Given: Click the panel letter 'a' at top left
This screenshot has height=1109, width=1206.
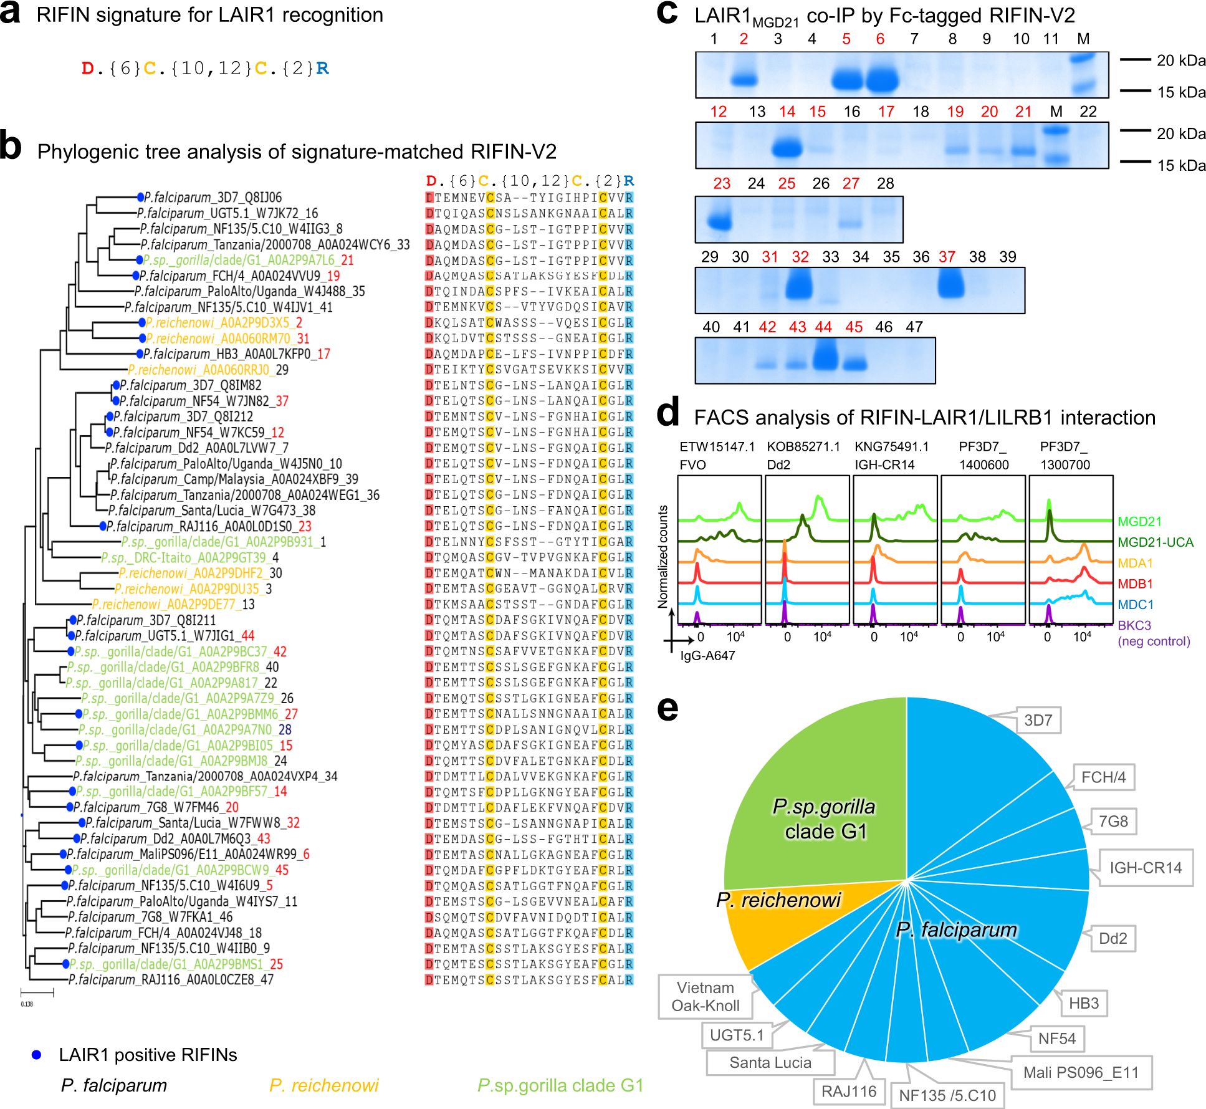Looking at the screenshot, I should click(11, 13).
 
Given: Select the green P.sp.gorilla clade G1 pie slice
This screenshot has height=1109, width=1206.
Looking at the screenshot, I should click(823, 810).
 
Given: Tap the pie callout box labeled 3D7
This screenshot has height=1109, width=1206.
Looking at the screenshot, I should click(1038, 721).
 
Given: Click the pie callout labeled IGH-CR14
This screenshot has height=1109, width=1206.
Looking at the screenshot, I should click(1145, 868).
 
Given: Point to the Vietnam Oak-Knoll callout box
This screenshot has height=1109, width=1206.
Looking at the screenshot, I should click(705, 996).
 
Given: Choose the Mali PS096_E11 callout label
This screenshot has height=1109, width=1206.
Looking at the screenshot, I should click(1081, 1072).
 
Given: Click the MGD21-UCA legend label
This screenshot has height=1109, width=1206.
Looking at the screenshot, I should click(1155, 542).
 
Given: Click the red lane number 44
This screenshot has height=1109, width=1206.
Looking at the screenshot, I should click(823, 327).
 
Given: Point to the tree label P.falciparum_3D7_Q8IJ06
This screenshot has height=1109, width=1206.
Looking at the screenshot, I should click(213, 198).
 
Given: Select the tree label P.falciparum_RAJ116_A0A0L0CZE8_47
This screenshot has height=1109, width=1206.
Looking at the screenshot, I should click(171, 979).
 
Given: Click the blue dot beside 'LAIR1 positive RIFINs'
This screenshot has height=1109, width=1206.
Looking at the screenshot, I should click(37, 1055).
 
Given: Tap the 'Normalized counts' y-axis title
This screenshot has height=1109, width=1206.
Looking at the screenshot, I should click(663, 556).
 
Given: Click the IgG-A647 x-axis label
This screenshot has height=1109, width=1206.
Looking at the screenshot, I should click(707, 655).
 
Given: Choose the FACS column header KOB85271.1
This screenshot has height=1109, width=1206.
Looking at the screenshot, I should click(803, 446).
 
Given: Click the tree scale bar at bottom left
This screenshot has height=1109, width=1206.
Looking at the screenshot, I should click(37, 992).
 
